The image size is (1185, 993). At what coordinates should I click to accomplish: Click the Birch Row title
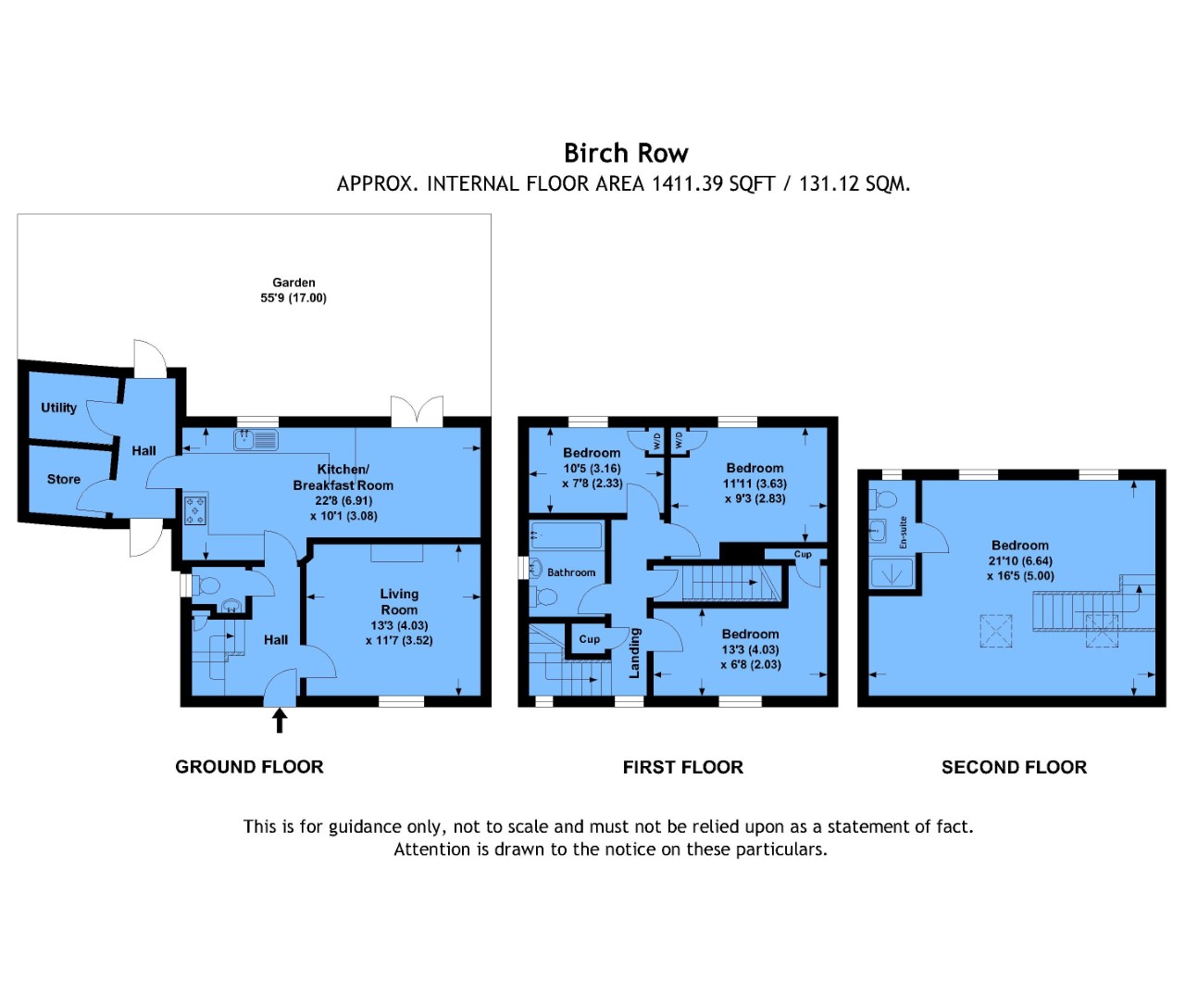coord(626,153)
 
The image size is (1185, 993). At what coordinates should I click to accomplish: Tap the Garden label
coord(293,283)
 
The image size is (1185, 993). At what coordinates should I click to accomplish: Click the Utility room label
coord(58,408)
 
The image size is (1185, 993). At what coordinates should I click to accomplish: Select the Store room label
coord(64,479)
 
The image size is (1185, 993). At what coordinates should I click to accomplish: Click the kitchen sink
coord(256,439)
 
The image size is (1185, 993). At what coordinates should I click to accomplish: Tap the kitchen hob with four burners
coord(195,509)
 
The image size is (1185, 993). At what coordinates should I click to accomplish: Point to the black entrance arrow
coord(280,720)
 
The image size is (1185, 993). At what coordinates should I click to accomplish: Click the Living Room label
coord(399,602)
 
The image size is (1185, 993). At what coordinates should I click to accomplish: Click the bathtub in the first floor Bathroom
coord(566,535)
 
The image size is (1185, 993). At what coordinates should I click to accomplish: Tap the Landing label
coord(634,653)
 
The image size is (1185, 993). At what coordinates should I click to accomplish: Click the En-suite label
coord(903,532)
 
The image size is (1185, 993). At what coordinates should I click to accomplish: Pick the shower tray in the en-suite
coord(892,572)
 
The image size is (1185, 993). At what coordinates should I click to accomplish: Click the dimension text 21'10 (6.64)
coord(1020,561)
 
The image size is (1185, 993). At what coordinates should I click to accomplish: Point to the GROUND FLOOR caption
coord(249,766)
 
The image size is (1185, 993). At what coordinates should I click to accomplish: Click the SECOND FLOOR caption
coord(1014,767)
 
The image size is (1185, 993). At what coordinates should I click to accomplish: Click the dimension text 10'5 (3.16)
coord(592,469)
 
